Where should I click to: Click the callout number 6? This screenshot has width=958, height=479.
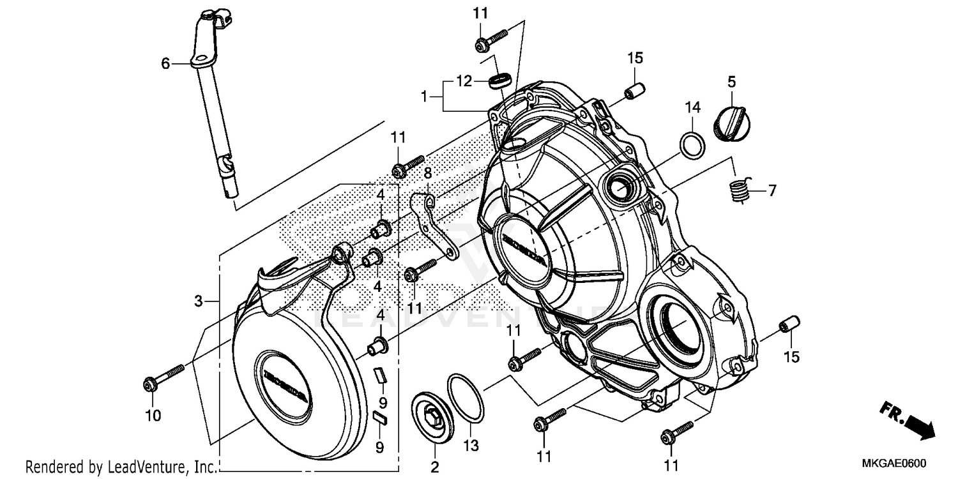coord(165,63)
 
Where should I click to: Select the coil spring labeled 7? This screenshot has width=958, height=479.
coord(738,190)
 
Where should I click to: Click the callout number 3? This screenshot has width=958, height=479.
coord(198,300)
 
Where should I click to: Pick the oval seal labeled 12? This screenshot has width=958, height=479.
coord(500,80)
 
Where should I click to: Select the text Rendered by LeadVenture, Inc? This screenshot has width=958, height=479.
coord(120,467)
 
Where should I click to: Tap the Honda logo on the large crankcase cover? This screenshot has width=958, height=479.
coord(524,250)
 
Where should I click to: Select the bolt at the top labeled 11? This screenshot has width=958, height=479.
coord(490,39)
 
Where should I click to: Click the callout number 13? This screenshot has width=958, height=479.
coord(471,445)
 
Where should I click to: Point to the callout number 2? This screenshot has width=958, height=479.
coord(434,468)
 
